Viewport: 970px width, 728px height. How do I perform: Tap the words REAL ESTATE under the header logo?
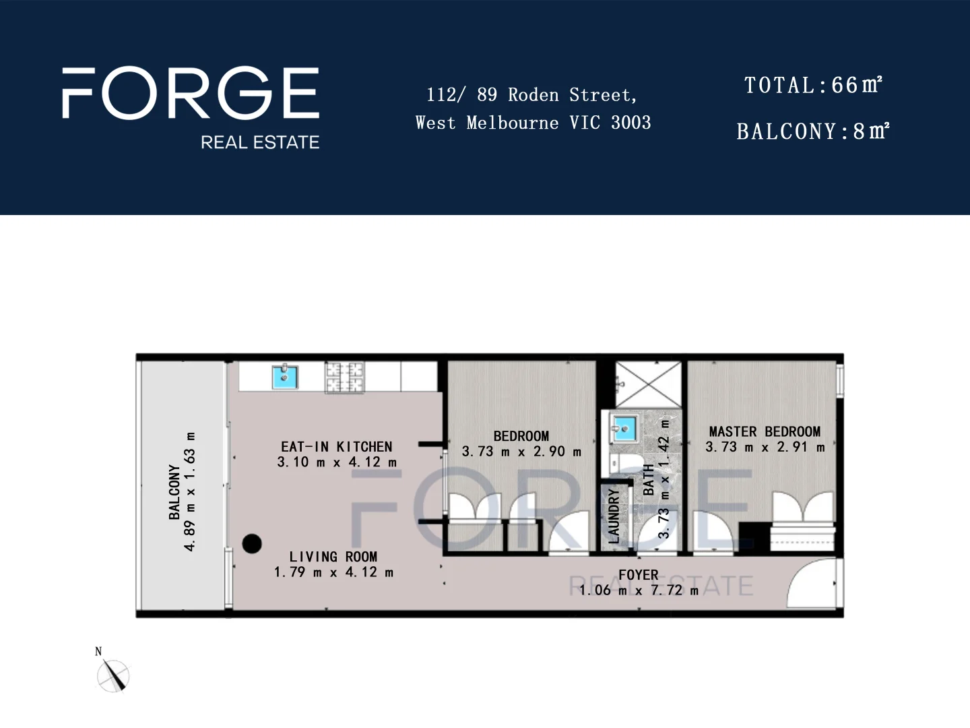(260, 142)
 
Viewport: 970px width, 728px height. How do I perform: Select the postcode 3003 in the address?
(631, 123)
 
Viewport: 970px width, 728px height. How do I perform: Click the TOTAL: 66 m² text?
(813, 86)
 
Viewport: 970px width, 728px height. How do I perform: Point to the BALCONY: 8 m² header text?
(813, 131)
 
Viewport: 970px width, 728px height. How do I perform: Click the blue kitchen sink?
(285, 377)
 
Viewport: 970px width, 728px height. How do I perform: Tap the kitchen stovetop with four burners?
(344, 377)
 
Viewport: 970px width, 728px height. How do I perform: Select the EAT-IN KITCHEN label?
(336, 447)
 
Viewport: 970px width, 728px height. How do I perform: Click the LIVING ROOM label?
(333, 557)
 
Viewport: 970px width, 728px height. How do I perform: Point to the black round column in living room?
(252, 543)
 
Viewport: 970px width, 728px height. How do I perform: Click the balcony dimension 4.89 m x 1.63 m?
(191, 491)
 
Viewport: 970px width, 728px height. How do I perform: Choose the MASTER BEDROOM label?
(765, 431)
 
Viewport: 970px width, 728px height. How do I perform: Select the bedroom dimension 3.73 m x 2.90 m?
(521, 452)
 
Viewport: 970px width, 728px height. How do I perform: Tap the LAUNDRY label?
(614, 516)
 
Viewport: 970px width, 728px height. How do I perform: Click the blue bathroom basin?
(624, 427)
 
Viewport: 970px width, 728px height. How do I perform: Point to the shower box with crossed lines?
(649, 384)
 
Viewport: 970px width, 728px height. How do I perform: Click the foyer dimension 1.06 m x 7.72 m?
(639, 590)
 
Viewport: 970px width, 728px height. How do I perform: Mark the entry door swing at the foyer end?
(813, 584)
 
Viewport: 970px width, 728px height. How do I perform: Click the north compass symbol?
(113, 675)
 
